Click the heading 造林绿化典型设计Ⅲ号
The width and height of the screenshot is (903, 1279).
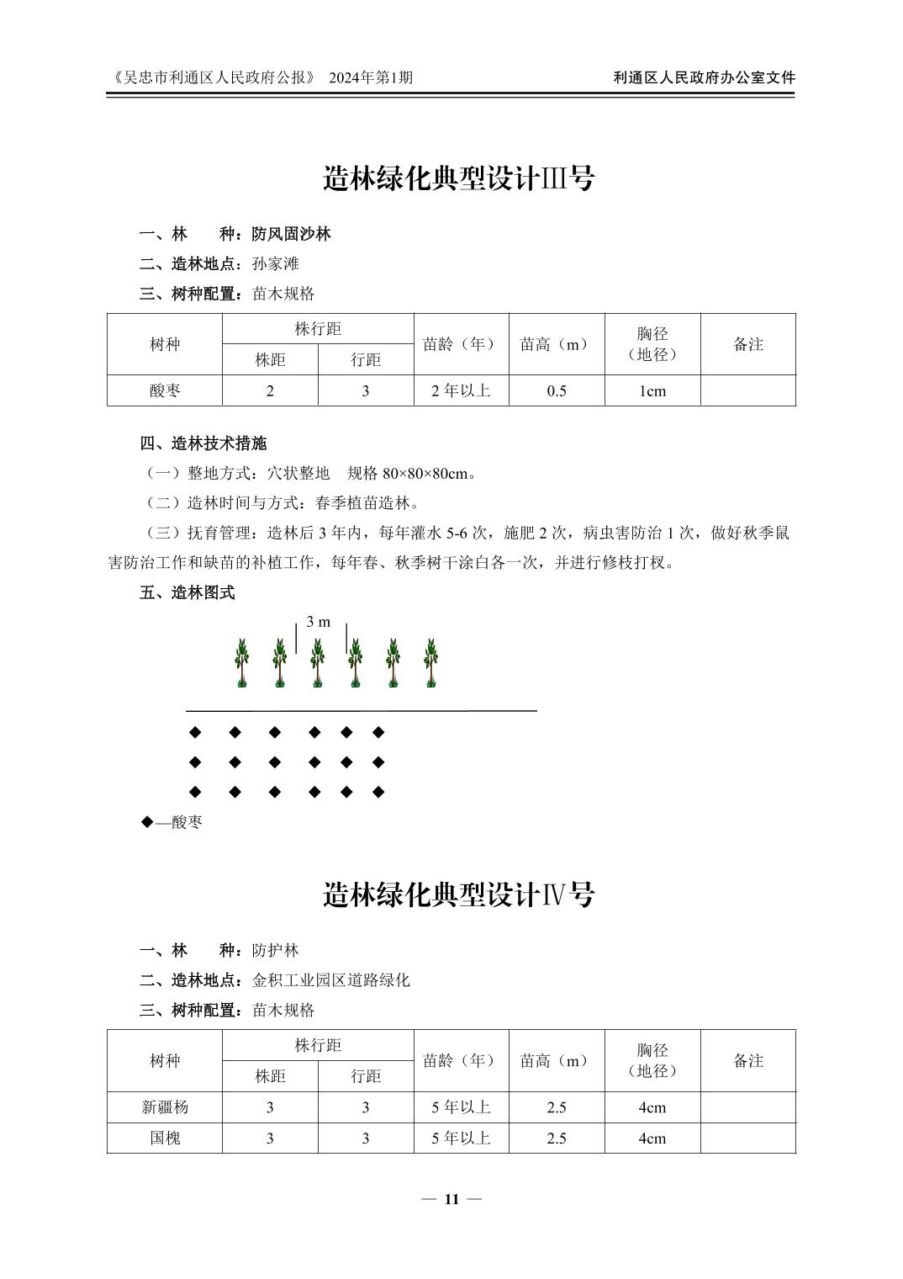click(x=458, y=178)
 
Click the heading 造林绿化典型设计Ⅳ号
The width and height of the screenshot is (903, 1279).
click(x=458, y=894)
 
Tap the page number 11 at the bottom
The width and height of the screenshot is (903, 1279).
click(x=451, y=1199)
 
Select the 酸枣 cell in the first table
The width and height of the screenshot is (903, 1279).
click(x=165, y=390)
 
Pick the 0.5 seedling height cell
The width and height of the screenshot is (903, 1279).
click(x=557, y=390)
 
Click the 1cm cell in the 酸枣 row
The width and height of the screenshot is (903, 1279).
click(x=652, y=390)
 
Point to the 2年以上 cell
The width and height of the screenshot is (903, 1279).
click(x=461, y=390)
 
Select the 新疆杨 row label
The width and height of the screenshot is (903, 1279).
click(x=165, y=1107)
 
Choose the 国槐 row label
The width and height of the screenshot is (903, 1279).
click(x=165, y=1138)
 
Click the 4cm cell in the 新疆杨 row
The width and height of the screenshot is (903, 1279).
click(x=652, y=1107)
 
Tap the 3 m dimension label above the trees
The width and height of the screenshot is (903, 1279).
click(x=319, y=622)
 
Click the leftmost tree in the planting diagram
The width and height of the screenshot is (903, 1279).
click(x=242, y=663)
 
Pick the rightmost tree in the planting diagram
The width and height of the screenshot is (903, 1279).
click(x=431, y=663)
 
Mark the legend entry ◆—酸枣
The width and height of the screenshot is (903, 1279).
click(x=172, y=822)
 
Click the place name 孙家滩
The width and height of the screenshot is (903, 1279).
click(x=276, y=263)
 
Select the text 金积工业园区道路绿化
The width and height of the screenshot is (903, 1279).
click(x=331, y=980)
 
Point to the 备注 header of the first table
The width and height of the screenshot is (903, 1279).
click(x=748, y=344)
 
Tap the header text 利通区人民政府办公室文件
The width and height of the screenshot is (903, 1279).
click(x=705, y=77)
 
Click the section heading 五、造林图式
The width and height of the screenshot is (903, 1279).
click(x=187, y=592)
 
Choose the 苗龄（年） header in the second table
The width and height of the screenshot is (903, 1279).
click(x=461, y=1061)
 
